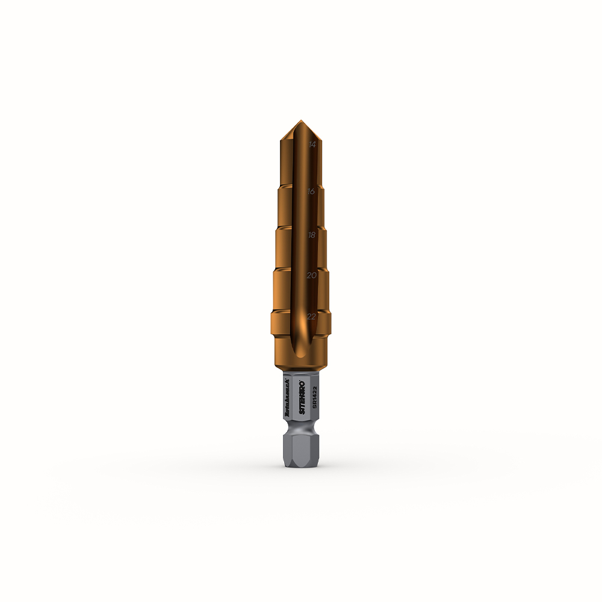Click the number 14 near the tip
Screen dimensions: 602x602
click(x=312, y=144)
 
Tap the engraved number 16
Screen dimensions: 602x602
click(x=312, y=191)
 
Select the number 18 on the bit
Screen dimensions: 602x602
click(x=312, y=235)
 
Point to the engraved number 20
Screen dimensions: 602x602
click(x=312, y=275)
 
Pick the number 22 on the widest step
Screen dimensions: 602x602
click(x=312, y=316)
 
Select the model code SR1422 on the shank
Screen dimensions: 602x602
click(x=314, y=399)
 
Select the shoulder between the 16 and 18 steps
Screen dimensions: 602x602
click(x=301, y=228)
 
